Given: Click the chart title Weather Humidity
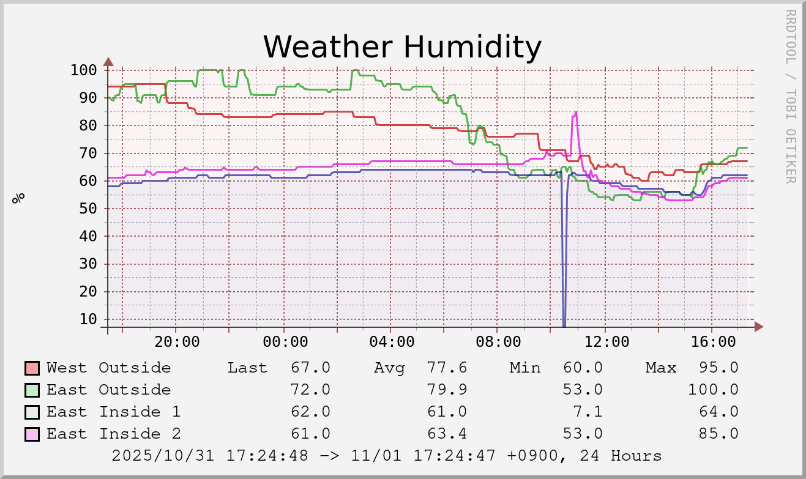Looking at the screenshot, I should click(x=402, y=46).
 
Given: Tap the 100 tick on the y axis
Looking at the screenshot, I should click(x=84, y=70).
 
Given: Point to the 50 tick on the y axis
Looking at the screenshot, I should click(x=88, y=209).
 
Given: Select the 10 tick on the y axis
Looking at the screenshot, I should click(x=88, y=319).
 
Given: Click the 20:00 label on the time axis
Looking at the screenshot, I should click(x=177, y=341).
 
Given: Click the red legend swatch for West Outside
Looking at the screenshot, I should click(x=32, y=368).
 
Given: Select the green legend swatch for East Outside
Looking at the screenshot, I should click(x=32, y=390).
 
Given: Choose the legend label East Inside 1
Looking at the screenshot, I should click(x=114, y=412).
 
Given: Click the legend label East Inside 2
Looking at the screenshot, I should click(x=114, y=434).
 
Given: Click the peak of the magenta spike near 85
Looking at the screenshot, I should click(x=576, y=113).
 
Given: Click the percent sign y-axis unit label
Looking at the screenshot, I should click(x=20, y=198).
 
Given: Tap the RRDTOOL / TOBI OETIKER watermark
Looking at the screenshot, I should click(x=790, y=96).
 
